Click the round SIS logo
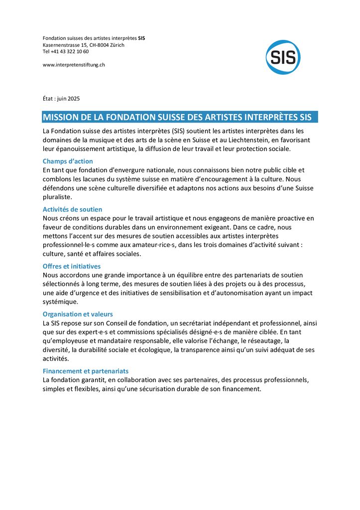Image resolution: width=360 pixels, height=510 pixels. [x=283, y=57]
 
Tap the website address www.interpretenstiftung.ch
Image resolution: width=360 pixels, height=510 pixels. [x=74, y=64]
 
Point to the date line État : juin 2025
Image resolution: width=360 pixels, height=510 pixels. [x=61, y=99]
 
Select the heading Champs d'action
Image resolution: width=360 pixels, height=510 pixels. [x=68, y=161]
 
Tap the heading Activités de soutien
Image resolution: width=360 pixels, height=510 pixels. [x=72, y=210]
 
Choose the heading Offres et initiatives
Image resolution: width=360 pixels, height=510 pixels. [x=72, y=266]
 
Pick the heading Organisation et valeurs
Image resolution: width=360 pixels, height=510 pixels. [x=78, y=314]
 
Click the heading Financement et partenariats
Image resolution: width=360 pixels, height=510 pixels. [x=86, y=371]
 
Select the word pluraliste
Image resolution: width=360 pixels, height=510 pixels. [x=57, y=197]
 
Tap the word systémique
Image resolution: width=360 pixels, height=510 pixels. [x=60, y=302]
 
